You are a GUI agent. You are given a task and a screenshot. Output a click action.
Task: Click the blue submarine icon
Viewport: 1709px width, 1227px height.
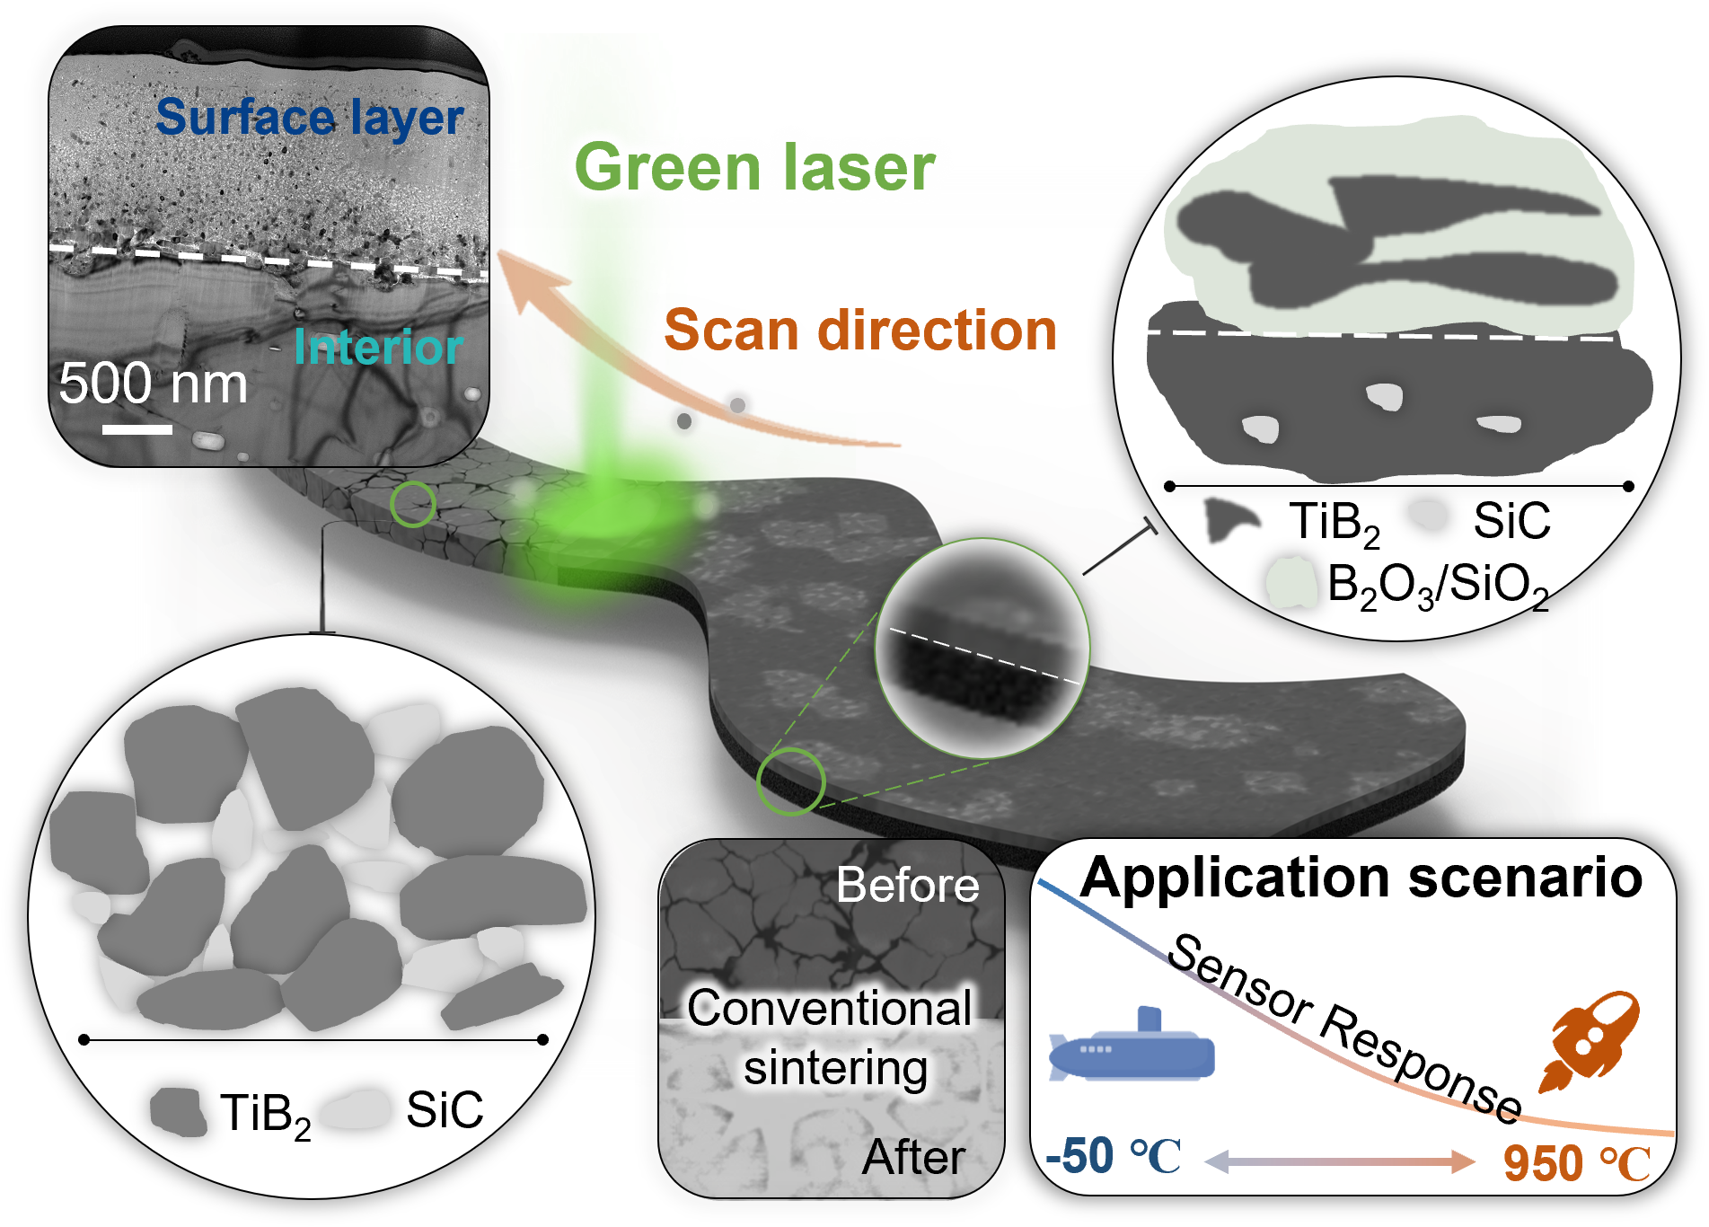1133,1051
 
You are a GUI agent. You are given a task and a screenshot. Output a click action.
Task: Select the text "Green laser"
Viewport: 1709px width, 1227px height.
754,168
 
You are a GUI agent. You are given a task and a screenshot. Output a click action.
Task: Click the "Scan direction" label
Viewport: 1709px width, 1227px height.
859,330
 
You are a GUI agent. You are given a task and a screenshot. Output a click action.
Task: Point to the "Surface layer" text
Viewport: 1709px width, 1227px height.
309,118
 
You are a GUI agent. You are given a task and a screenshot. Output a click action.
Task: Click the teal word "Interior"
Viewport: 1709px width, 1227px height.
377,348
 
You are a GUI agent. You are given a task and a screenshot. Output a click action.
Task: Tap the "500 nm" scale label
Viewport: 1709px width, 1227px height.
153,384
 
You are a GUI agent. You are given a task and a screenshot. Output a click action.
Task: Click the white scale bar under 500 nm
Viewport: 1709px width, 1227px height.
137,429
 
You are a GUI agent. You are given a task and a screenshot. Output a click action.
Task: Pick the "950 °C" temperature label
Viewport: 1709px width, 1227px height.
1576,1164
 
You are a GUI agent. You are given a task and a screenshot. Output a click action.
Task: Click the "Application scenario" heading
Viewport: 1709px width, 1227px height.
1361,878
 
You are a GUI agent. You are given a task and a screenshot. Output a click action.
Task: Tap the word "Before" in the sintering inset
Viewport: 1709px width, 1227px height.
907,886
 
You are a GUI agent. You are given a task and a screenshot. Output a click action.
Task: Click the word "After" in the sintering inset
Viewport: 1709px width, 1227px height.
913,1157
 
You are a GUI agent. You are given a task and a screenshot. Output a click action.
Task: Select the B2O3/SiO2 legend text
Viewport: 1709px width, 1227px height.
1437,585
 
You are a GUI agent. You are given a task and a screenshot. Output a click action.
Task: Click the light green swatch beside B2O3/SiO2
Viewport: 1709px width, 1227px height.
1291,582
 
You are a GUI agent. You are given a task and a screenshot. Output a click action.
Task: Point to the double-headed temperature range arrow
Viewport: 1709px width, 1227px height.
1338,1162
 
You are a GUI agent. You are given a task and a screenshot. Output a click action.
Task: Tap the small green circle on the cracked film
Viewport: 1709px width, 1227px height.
413,504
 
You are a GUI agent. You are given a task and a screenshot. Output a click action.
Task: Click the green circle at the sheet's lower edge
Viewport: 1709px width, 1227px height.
790,781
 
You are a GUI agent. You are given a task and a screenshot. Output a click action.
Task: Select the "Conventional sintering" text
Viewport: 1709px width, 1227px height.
831,1037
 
